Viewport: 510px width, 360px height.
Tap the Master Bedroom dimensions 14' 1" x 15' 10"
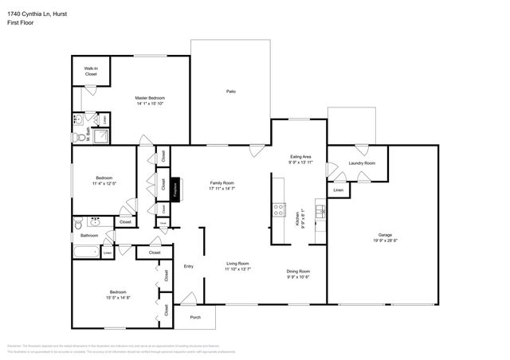[149, 103]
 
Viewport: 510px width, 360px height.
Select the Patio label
[230, 92]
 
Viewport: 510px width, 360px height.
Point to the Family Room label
[222, 182]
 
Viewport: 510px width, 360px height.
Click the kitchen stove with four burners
[280, 209]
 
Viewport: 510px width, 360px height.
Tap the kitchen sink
[320, 210]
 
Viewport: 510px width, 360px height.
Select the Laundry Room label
[362, 162]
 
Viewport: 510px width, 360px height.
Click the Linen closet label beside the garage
[339, 191]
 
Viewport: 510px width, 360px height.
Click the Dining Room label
[298, 272]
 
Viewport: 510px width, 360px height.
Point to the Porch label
[195, 317]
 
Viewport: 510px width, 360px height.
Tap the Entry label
[189, 266]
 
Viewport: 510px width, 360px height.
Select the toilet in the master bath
[81, 121]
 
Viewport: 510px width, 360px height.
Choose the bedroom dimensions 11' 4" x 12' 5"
[104, 183]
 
